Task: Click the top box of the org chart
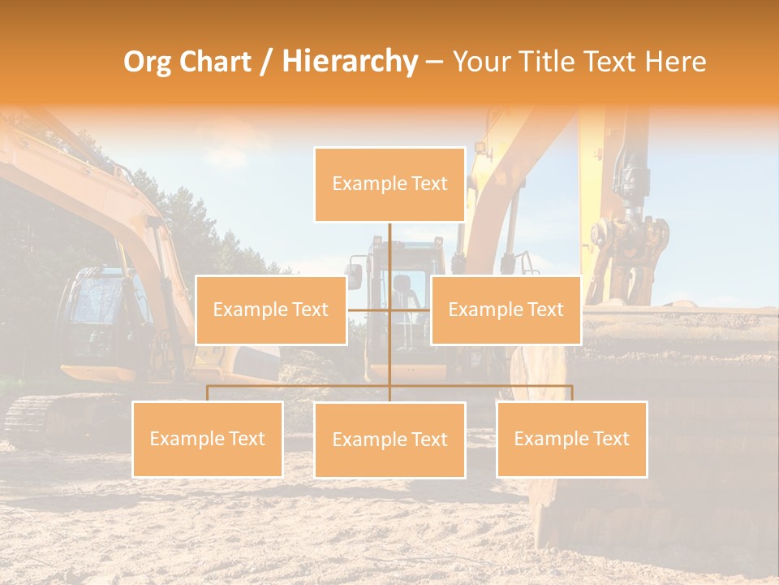pos(389,184)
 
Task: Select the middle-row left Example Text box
pos(271,310)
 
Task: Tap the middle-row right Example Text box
pos(506,310)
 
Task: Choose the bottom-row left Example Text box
pos(208,439)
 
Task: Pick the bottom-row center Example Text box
pos(389,440)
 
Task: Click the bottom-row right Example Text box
pos(571,439)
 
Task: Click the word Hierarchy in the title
pos(349,62)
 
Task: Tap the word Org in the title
pos(148,62)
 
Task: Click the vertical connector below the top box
pos(389,248)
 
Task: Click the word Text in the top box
pos(428,184)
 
